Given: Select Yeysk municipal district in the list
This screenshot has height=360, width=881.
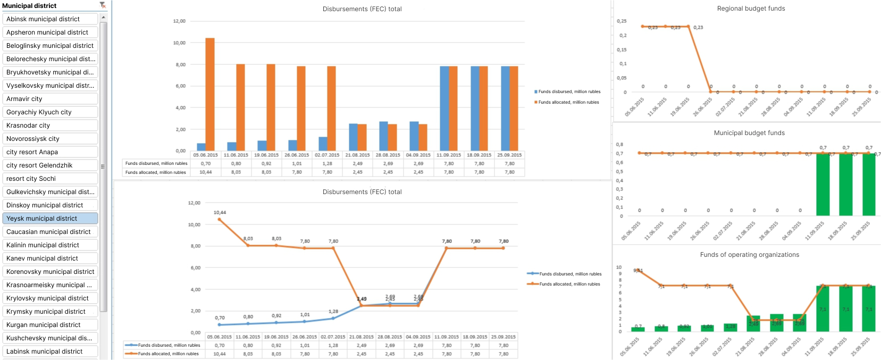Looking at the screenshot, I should coord(50,219).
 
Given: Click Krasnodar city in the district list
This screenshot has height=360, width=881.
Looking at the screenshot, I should coord(50,125).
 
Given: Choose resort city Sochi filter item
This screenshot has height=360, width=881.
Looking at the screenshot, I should coord(50,179).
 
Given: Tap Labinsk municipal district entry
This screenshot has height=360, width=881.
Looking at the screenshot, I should coord(50,351).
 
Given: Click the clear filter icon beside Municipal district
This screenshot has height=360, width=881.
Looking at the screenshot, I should coord(103,5).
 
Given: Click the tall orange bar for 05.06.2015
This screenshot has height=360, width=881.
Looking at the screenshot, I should coord(210,94).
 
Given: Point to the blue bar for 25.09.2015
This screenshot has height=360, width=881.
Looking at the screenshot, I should coord(505,108).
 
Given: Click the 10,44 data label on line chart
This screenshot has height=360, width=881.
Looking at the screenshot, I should coord(220,213).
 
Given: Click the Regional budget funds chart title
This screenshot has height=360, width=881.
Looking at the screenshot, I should coord(751,9).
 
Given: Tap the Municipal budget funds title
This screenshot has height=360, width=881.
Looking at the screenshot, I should coord(749,133).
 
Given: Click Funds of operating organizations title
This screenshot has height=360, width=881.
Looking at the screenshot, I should coord(749,255).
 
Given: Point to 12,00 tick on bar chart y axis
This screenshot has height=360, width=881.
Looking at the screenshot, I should coord(179,21).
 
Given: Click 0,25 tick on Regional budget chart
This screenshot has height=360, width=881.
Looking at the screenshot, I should coord(622,21).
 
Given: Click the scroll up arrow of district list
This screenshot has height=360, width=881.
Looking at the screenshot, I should coord(103,18).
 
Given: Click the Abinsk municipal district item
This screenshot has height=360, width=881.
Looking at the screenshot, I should coord(50,19).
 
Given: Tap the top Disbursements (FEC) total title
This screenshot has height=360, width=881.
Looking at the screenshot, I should coord(362,9).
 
